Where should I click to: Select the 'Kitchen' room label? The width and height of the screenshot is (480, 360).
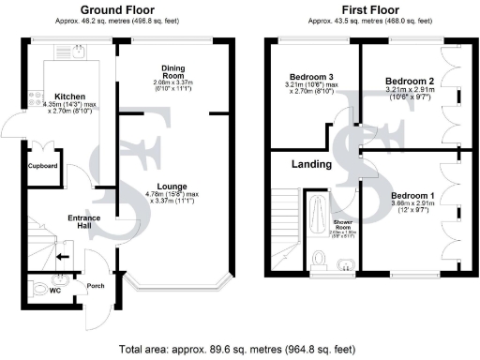click(70, 97)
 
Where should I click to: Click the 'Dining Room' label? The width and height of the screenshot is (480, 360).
click(172, 71)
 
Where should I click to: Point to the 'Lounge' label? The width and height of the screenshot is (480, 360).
click(172, 187)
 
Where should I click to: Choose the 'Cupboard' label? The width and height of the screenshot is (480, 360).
click(43, 166)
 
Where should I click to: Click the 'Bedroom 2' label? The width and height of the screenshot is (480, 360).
click(407, 82)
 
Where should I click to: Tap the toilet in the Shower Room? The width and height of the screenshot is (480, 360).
click(319, 259)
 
